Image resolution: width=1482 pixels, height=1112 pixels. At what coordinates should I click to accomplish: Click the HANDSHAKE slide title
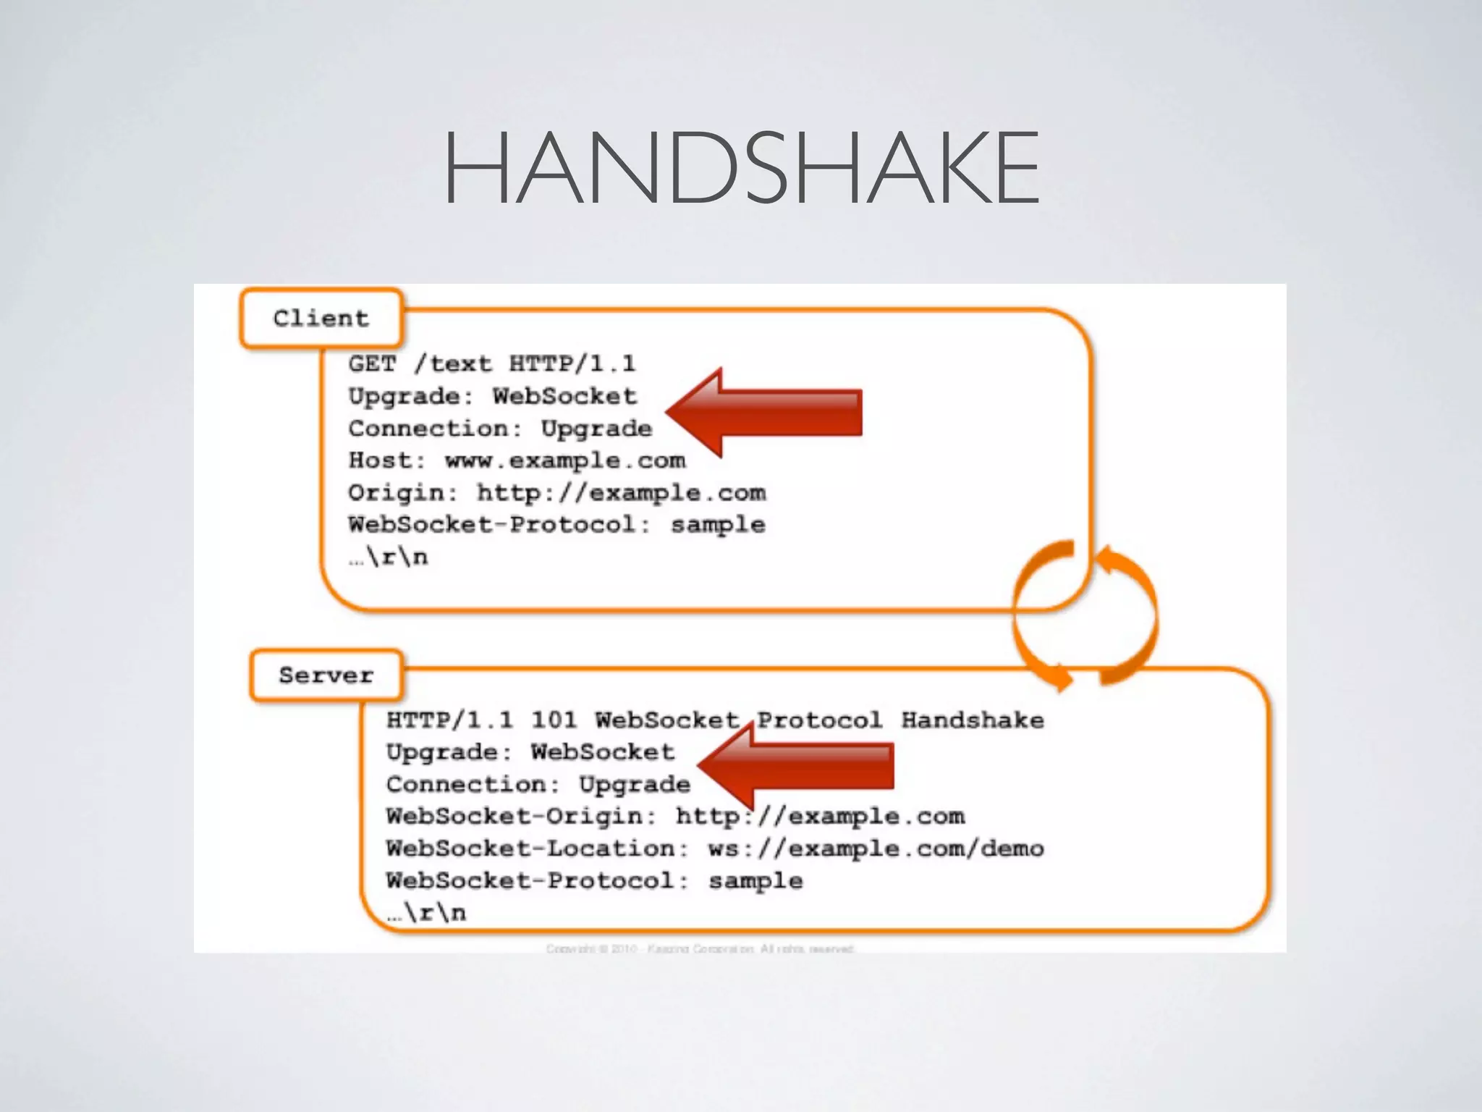[741, 168]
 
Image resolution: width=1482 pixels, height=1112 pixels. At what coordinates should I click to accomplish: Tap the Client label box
[321, 319]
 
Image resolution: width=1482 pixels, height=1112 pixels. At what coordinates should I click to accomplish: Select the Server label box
[326, 675]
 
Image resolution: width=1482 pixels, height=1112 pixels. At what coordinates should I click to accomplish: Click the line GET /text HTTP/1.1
[491, 363]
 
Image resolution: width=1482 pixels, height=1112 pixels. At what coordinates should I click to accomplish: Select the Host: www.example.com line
[517, 460]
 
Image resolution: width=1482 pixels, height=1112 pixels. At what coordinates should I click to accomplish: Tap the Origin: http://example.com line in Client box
[556, 493]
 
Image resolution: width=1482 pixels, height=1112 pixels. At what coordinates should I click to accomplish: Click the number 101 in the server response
[554, 720]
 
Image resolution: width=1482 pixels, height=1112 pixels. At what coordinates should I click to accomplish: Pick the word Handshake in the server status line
[973, 720]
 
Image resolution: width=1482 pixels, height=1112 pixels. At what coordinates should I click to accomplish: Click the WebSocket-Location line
[715, 848]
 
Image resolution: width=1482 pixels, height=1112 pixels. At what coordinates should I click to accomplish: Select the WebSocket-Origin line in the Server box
[675, 817]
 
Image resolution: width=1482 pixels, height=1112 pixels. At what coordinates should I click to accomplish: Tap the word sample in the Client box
[718, 526]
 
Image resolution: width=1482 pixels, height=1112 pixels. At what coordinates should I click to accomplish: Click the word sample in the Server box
[755, 881]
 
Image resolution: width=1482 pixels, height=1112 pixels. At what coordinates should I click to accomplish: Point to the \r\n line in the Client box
[389, 557]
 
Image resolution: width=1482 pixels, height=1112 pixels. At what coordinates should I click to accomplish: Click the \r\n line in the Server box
[427, 913]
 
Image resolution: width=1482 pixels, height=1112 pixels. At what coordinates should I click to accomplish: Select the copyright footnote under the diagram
[700, 948]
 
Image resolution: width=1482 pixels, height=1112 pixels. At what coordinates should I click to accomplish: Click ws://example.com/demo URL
[876, 848]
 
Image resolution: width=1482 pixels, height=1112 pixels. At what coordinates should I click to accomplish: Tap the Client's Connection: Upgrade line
[500, 429]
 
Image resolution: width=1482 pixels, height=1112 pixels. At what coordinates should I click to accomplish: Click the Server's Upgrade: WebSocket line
[530, 752]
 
